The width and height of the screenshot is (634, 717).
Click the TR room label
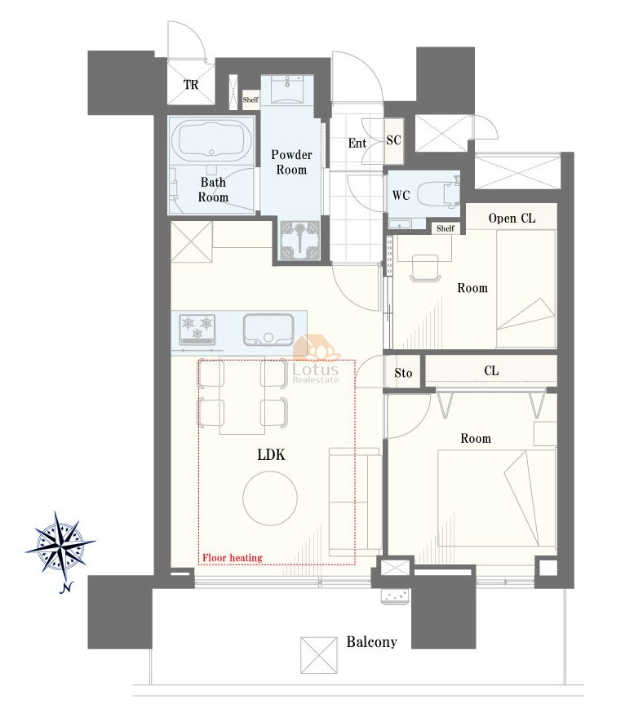[191, 85]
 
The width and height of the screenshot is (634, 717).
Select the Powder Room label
[291, 162]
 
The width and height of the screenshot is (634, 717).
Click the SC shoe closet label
[394, 140]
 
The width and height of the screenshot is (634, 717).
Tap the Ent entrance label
[357, 143]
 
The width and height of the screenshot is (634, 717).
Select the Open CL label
[512, 218]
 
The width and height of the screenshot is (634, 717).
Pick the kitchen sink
[268, 330]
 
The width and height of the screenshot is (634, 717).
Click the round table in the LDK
[270, 498]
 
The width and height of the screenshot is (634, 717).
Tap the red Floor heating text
[233, 557]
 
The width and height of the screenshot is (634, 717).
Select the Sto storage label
[403, 373]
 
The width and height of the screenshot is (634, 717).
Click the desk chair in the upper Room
[426, 268]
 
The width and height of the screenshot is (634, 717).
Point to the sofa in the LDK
[355, 502]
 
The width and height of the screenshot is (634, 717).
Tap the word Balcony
[371, 642]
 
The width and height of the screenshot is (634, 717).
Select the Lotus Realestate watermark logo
[317, 360]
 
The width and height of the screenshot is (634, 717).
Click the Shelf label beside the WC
[445, 228]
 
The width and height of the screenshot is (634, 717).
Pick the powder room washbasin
[287, 89]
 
